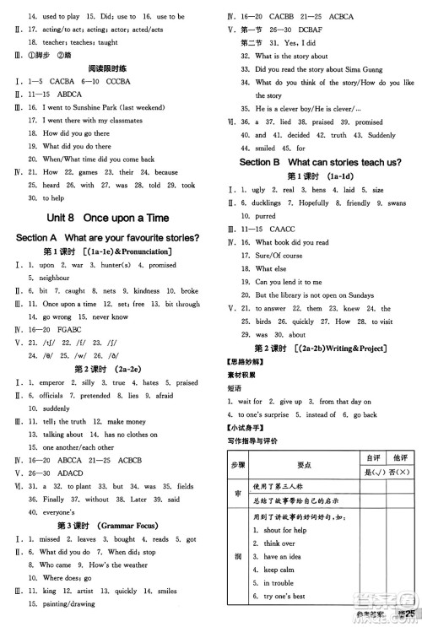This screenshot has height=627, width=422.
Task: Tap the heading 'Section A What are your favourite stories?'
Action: [108, 238]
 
